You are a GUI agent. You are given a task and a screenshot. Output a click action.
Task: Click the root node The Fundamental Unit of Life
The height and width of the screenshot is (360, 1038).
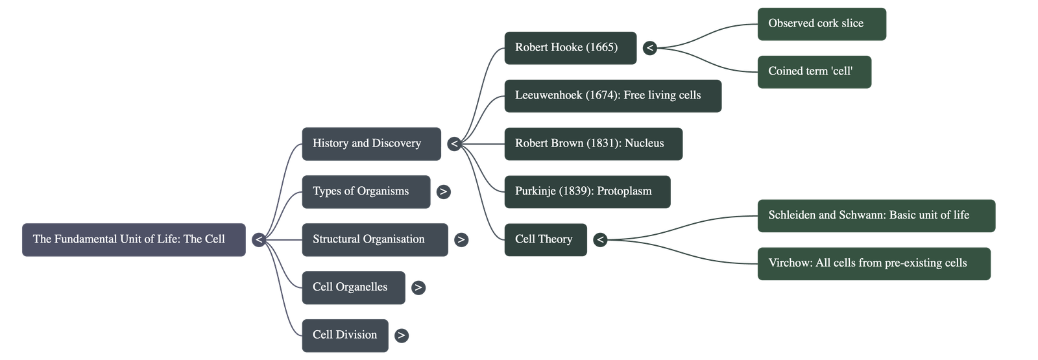pos(134,239)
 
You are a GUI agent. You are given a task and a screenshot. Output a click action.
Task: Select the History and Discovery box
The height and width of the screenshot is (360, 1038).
pos(370,143)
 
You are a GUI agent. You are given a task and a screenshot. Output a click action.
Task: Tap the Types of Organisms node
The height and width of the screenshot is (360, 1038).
pos(365,191)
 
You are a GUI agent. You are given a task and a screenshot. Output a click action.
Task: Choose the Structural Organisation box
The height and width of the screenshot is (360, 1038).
pos(374,239)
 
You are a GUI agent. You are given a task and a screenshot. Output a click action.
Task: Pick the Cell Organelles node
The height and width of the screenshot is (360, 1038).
pos(353,287)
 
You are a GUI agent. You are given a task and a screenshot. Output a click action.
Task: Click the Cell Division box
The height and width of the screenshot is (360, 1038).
pos(344,335)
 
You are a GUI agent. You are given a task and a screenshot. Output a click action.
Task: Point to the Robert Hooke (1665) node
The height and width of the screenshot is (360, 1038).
pos(570,47)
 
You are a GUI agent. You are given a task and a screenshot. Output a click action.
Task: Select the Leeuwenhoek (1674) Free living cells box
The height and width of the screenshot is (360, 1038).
pos(612,95)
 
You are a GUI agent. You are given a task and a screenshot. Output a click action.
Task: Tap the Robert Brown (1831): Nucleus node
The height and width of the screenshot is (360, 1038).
pos(592,143)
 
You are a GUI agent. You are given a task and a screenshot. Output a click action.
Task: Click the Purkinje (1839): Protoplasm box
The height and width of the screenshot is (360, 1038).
pos(586,191)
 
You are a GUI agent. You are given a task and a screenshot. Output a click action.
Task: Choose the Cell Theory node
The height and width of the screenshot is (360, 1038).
pos(545,239)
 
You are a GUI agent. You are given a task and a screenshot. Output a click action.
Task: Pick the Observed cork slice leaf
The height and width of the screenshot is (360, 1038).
pos(821,24)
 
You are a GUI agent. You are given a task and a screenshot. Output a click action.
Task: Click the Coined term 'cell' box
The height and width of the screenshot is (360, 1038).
pos(814,72)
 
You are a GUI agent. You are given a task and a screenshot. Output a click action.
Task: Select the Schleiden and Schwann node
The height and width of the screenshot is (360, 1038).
pos(875,215)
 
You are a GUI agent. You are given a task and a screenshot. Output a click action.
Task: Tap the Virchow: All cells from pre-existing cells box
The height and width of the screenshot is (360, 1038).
pos(873,263)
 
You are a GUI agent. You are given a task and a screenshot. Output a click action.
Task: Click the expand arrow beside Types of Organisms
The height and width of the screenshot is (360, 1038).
pos(443,191)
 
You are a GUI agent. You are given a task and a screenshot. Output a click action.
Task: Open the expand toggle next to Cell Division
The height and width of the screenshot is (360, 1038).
pos(402,335)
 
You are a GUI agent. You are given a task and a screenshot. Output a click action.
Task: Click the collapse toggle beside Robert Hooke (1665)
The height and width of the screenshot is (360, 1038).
pos(649,47)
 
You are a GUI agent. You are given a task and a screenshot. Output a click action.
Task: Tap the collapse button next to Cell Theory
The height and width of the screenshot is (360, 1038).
pos(600,240)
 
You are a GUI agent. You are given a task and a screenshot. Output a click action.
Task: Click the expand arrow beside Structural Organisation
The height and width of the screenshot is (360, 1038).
pos(461,239)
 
